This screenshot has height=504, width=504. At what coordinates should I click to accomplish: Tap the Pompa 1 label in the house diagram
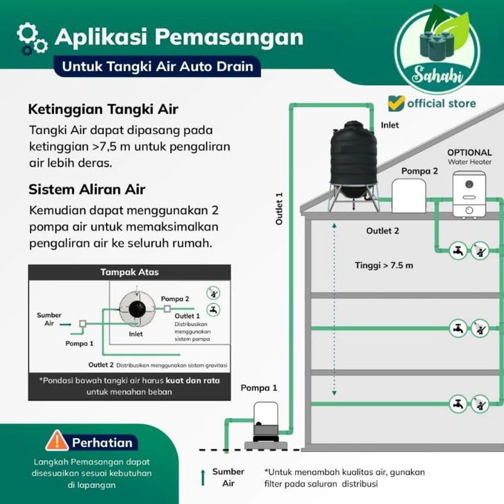(x=259, y=387)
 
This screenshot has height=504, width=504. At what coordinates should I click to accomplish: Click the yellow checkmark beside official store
(x=396, y=103)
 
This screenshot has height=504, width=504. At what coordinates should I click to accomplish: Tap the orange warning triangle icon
(x=57, y=442)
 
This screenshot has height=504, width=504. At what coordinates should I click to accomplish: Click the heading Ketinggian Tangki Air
(x=103, y=110)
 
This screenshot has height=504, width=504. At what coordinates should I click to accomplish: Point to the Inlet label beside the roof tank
(x=390, y=125)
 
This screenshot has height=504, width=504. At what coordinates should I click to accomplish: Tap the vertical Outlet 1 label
(x=279, y=208)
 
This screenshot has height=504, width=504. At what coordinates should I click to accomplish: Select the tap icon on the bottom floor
(x=457, y=403)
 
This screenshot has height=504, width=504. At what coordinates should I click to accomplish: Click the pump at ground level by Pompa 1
(x=264, y=422)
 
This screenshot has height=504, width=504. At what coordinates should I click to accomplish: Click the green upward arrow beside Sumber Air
(x=202, y=477)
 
